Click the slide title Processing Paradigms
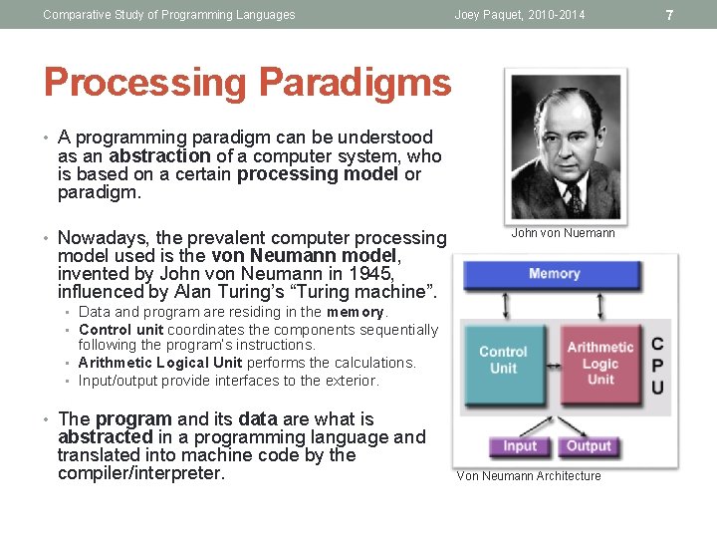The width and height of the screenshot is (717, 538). click(247, 83)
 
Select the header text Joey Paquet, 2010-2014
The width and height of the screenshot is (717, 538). click(520, 15)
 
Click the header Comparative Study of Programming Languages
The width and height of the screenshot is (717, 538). click(169, 15)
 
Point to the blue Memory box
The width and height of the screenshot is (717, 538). click(554, 274)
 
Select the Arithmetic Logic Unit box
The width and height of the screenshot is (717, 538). click(599, 363)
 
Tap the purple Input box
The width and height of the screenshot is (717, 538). click(519, 446)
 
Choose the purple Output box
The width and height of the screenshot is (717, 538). click(589, 446)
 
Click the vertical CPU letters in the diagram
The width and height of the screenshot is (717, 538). click(657, 365)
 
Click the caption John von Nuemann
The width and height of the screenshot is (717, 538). click(563, 233)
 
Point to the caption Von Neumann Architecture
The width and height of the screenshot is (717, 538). click(529, 476)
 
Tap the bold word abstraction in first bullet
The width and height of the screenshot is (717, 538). click(159, 155)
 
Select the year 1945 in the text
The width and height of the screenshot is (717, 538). click(371, 274)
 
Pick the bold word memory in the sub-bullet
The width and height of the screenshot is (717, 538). click(356, 312)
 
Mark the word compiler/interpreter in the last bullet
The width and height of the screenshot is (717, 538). click(141, 473)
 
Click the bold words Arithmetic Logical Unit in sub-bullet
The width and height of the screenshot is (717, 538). click(160, 363)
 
